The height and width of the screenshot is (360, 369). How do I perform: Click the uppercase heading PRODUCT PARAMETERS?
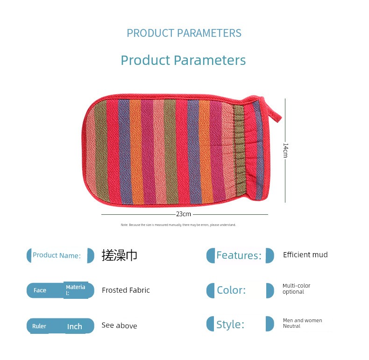click(x=184, y=33)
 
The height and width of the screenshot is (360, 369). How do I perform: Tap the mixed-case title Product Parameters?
click(x=183, y=60)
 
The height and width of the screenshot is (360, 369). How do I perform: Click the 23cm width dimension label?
click(x=184, y=214)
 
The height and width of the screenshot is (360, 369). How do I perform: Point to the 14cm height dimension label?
click(x=285, y=150)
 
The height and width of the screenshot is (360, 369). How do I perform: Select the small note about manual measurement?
click(x=178, y=225)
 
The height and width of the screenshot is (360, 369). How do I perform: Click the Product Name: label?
click(x=57, y=255)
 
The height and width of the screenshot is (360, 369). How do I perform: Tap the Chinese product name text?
click(x=119, y=255)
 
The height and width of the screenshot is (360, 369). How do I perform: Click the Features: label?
click(x=239, y=255)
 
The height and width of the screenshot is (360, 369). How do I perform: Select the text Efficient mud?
click(x=305, y=254)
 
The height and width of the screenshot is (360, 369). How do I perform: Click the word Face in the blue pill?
click(x=40, y=290)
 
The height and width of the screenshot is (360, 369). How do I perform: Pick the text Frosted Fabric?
click(x=126, y=290)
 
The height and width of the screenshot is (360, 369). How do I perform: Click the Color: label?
click(x=231, y=290)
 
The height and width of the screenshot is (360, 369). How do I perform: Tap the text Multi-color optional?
click(x=296, y=289)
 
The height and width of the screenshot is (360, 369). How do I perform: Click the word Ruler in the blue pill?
click(x=39, y=326)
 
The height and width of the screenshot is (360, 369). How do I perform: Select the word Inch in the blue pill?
click(x=75, y=326)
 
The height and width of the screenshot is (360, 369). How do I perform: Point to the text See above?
click(x=119, y=325)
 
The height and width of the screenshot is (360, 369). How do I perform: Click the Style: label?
click(x=230, y=325)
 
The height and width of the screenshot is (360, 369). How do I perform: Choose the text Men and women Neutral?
click(x=302, y=323)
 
